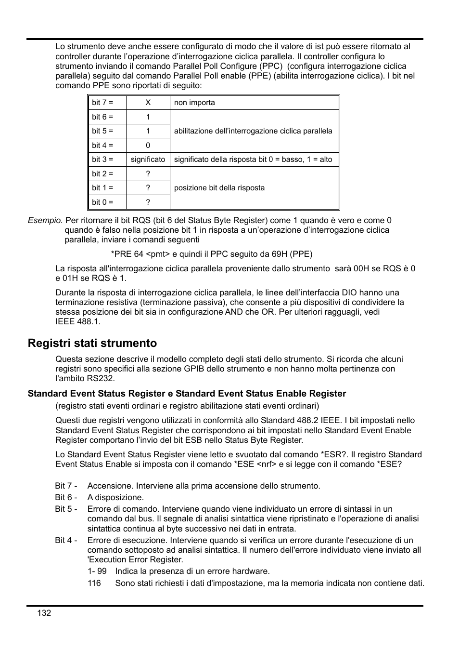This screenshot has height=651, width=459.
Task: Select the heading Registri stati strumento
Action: pyautogui.click(x=92, y=343)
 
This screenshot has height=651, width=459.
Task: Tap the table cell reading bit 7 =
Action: pyautogui.click(x=102, y=103)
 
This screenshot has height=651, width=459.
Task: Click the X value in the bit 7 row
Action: pyautogui.click(x=148, y=103)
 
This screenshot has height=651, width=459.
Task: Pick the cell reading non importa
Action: pyautogui.click(x=194, y=103)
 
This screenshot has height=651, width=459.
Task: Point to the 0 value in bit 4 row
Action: pyautogui.click(x=148, y=145)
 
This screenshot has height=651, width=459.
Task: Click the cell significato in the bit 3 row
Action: pyautogui.click(x=148, y=159)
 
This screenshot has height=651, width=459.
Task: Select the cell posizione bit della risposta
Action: pyautogui.click(x=219, y=188)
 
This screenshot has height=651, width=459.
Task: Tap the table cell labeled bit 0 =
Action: pyautogui.click(x=102, y=202)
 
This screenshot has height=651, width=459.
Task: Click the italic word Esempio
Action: pyautogui.click(x=45, y=220)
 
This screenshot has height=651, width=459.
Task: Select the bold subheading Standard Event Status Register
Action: pyautogui.click(x=187, y=394)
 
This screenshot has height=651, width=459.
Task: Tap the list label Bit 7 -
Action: pyautogui.click(x=66, y=486)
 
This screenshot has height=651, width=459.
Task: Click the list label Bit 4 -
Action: pyautogui.click(x=66, y=540)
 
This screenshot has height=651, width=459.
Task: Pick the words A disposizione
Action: pyautogui.click(x=115, y=497)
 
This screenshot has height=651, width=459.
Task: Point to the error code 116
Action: pyautogui.click(x=94, y=583)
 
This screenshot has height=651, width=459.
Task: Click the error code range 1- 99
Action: pyautogui.click(x=97, y=571)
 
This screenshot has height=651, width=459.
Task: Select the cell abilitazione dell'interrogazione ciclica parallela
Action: pyautogui.click(x=253, y=131)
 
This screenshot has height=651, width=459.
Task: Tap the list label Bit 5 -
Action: pyautogui.click(x=66, y=509)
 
